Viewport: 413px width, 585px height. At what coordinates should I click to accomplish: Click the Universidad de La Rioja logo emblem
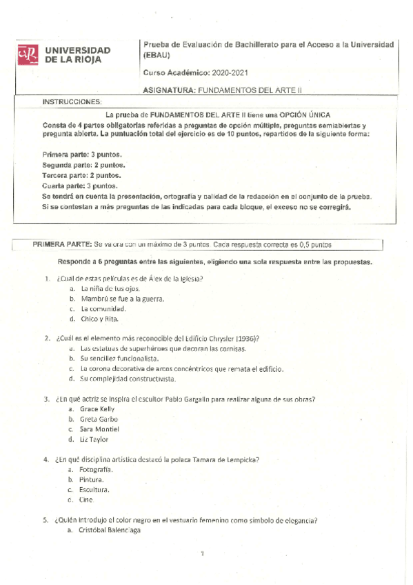tap(28, 54)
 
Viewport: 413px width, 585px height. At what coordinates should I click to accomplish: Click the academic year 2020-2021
tap(229, 72)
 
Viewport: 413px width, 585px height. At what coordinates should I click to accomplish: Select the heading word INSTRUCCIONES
tap(72, 101)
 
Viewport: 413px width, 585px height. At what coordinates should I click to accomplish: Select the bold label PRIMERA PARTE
tap(62, 245)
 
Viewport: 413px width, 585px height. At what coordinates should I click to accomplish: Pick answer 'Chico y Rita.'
tap(100, 319)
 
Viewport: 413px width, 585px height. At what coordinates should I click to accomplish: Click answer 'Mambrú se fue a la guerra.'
tap(121, 299)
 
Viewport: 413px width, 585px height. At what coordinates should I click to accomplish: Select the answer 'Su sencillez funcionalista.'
tap(119, 359)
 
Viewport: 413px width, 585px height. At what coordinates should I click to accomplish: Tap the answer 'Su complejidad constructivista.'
tap(128, 379)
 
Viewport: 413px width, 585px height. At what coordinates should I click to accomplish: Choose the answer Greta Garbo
tap(99, 419)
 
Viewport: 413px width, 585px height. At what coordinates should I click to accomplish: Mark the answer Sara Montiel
tap(100, 429)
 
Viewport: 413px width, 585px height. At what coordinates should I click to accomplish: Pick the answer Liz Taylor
tap(94, 439)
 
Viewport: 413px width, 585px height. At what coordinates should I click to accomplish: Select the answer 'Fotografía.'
tap(97, 469)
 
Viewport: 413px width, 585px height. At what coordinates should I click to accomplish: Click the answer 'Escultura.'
tap(94, 490)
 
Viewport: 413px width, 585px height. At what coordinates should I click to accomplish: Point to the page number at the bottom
tap(203, 553)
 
